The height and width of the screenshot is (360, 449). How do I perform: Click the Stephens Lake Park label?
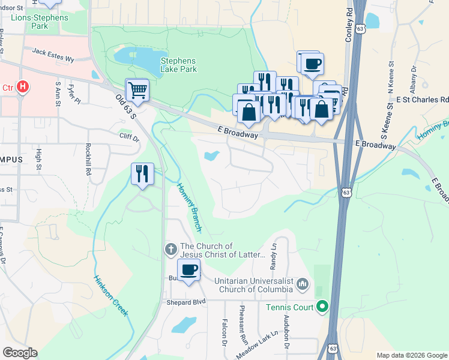click(178, 65)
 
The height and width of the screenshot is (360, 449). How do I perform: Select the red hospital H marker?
click(23, 88)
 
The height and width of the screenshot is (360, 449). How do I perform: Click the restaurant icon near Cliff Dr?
click(142, 174)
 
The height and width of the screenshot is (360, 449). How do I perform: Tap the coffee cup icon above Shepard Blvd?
click(189, 270)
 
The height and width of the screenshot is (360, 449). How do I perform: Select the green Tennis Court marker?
click(322, 308)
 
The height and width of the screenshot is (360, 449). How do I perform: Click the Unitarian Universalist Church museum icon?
click(302, 283)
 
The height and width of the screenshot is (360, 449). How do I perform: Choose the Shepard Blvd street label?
click(182, 302)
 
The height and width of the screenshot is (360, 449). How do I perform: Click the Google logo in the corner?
click(20, 353)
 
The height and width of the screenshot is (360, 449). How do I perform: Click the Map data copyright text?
click(412, 355)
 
